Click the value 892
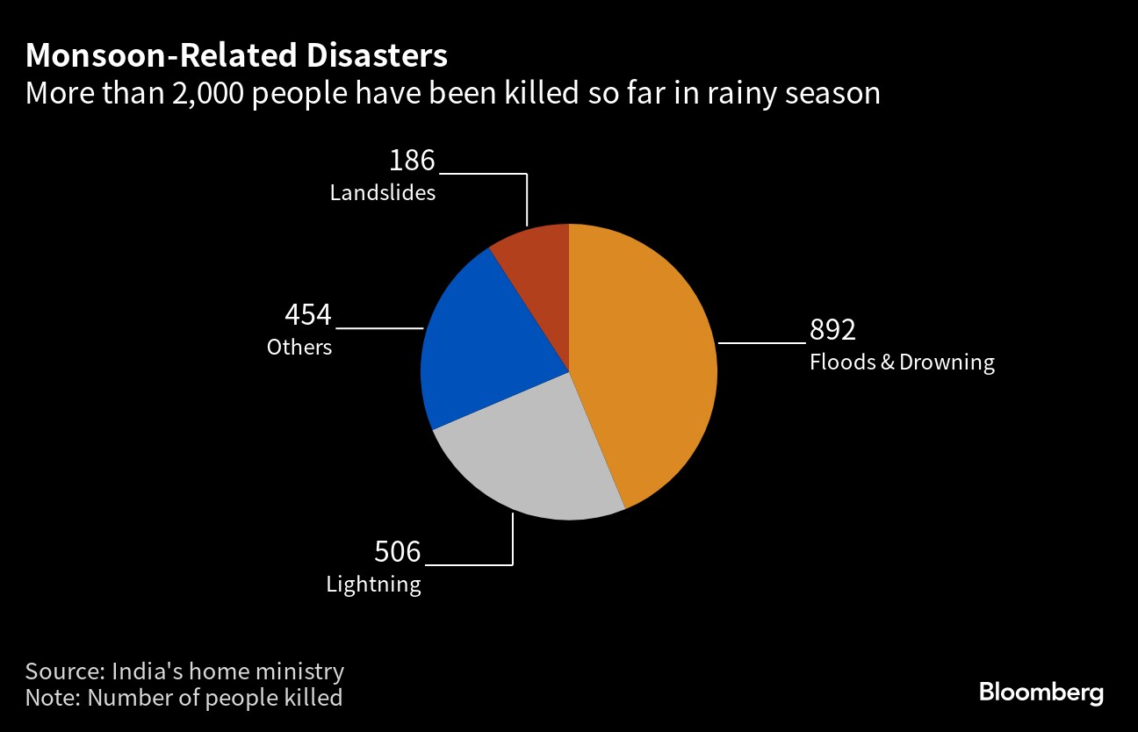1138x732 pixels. pos(832,330)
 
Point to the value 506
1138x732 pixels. pos(398,552)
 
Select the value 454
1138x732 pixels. pos(308,315)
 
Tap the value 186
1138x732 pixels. pos(412,161)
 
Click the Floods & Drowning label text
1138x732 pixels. pos(902,362)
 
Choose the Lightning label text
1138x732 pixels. pos(373,585)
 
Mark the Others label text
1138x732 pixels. pos(299,348)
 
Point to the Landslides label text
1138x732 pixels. pos(383,193)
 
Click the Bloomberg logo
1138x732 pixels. pos(1041,693)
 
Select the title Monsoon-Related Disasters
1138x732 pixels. pos(236,56)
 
